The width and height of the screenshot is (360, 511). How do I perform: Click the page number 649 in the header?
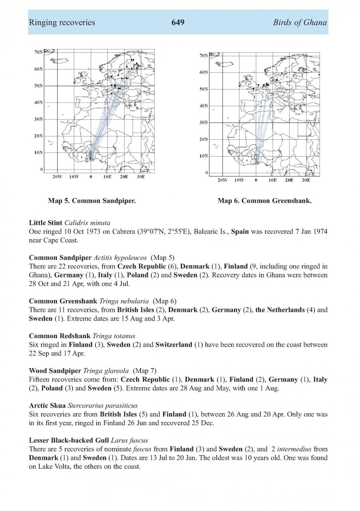[x=178, y=22]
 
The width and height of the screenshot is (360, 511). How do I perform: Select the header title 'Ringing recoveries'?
[x=62, y=22]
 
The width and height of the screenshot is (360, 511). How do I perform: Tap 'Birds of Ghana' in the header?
[x=300, y=22]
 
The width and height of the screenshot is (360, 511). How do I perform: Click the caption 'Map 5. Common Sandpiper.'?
[x=92, y=200]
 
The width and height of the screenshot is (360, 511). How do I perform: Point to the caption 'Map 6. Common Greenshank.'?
[x=264, y=200]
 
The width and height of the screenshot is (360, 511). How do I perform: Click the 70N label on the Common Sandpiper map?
[x=39, y=52]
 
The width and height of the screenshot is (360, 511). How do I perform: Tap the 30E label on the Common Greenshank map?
[x=306, y=180]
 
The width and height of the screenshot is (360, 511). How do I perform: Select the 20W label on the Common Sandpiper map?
[x=57, y=176]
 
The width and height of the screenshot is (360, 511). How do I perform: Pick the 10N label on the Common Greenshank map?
[x=204, y=156]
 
